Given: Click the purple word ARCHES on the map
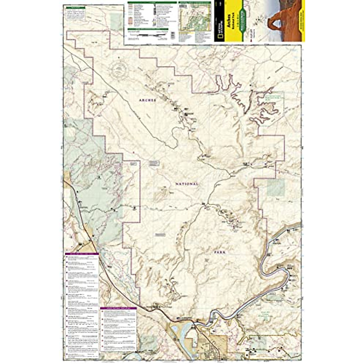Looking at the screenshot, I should point(147,100).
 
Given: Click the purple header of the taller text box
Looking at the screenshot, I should point(82,254).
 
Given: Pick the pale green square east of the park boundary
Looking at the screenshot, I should point(276,187).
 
